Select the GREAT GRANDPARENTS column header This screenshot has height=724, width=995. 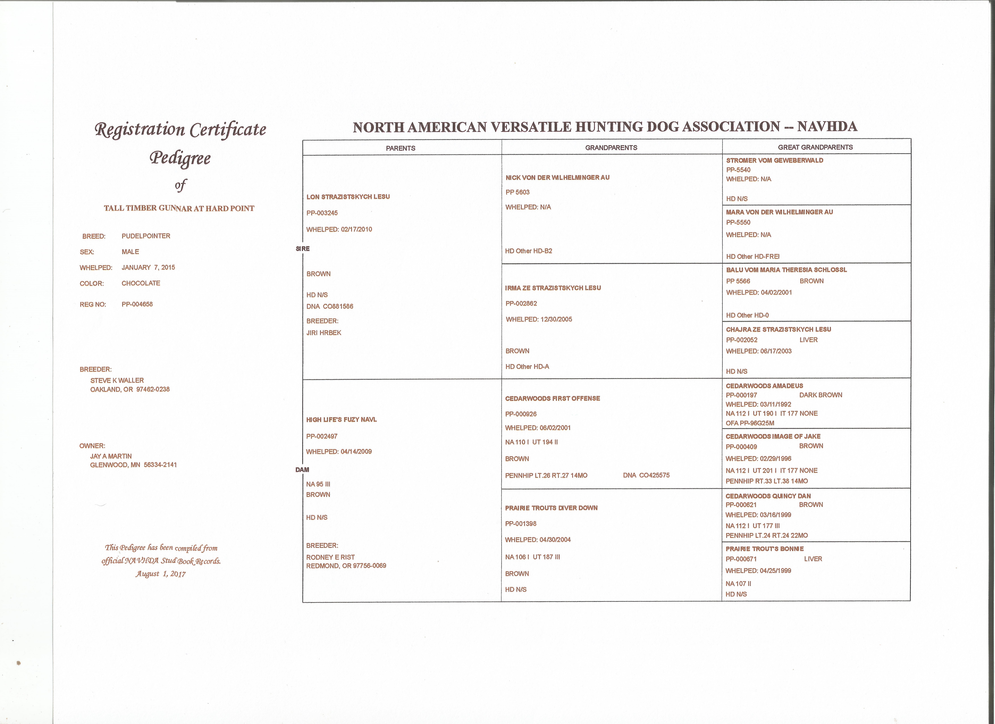click(x=815, y=147)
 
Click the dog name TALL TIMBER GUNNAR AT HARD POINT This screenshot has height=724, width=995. click(x=179, y=208)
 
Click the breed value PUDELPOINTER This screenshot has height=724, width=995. click(x=146, y=236)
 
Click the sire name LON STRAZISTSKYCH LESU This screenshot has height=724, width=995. click(x=348, y=197)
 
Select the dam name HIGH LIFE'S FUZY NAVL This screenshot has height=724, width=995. click(x=341, y=420)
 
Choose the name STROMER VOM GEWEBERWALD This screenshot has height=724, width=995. click(x=774, y=160)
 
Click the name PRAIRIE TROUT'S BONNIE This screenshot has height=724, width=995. click(x=764, y=549)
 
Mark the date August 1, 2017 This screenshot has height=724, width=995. click(x=161, y=574)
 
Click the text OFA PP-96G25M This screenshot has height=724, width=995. click(x=750, y=423)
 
